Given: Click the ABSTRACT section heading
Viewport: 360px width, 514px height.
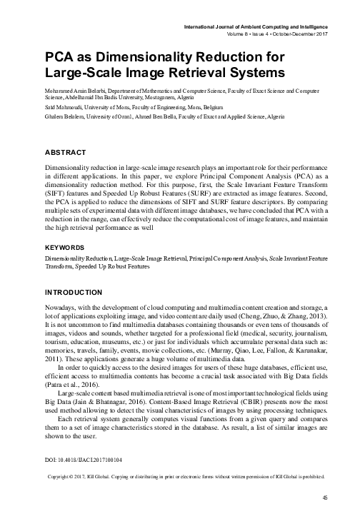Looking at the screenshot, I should point(66,153).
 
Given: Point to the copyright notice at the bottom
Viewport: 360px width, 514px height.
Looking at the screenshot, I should point(185,475).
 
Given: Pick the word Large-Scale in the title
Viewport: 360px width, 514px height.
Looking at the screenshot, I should point(83,73).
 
